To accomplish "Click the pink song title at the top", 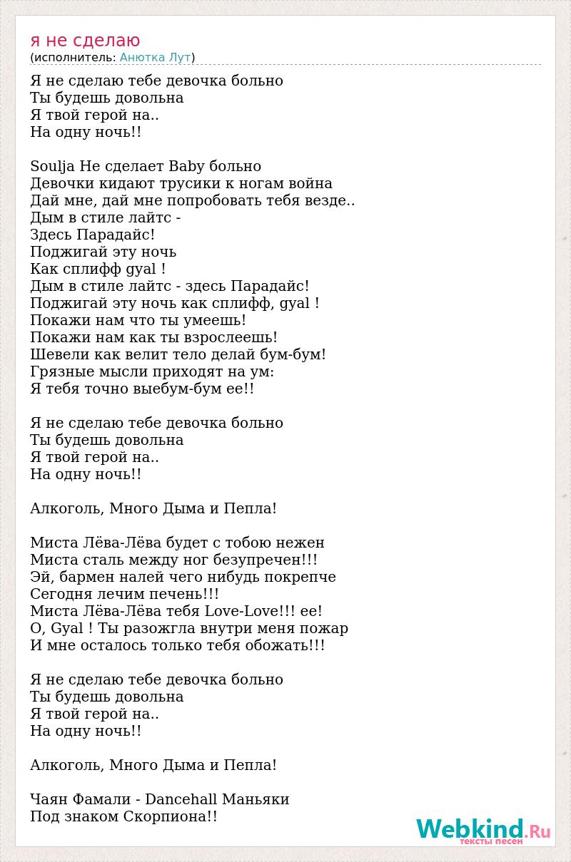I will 86,40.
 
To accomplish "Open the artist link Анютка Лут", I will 155,58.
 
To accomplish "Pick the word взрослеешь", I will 229,338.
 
